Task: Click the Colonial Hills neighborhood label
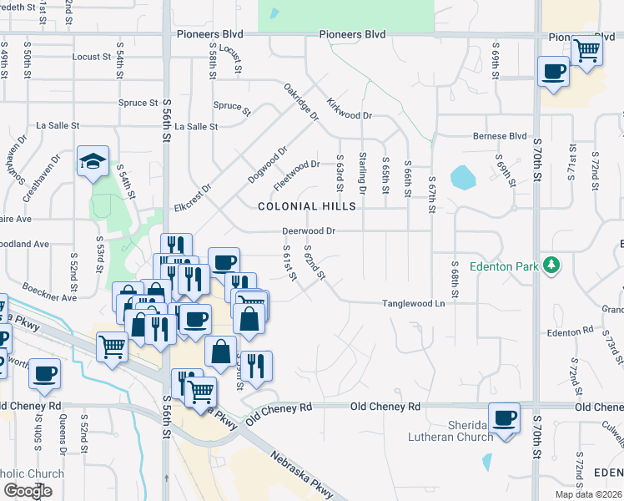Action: coord(307,206)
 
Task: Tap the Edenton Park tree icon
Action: coord(551,266)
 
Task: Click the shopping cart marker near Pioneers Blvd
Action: coord(586,50)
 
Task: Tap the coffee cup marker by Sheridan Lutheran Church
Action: coord(503,417)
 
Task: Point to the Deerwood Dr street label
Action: coord(309,230)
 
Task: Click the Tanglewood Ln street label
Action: coord(413,304)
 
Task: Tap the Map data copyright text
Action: coord(588,494)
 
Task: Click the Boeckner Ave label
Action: coord(50,292)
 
